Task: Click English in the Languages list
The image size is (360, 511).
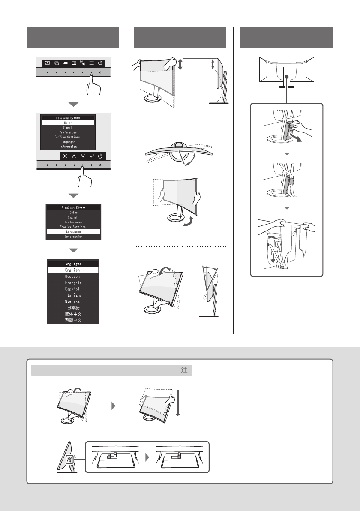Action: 73,270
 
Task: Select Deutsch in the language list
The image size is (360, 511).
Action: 72,277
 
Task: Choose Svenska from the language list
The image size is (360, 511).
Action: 72,301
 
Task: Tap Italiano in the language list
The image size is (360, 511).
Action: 73,295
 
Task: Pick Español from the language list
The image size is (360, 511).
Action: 72,289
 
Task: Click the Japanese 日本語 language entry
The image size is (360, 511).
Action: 73,308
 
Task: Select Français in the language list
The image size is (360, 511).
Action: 73,283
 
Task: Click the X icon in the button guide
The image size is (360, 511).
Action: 65,156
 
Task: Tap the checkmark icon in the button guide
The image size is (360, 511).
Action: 92,156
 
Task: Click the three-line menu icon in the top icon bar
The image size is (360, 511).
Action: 92,63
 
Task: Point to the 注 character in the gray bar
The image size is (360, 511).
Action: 184,370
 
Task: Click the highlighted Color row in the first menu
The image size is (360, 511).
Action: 68,123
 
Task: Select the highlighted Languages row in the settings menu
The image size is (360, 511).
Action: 73,232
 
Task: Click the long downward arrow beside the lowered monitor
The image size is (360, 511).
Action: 177,403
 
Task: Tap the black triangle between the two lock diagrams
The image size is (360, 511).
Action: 147,457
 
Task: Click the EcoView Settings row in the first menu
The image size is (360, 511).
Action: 67,137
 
